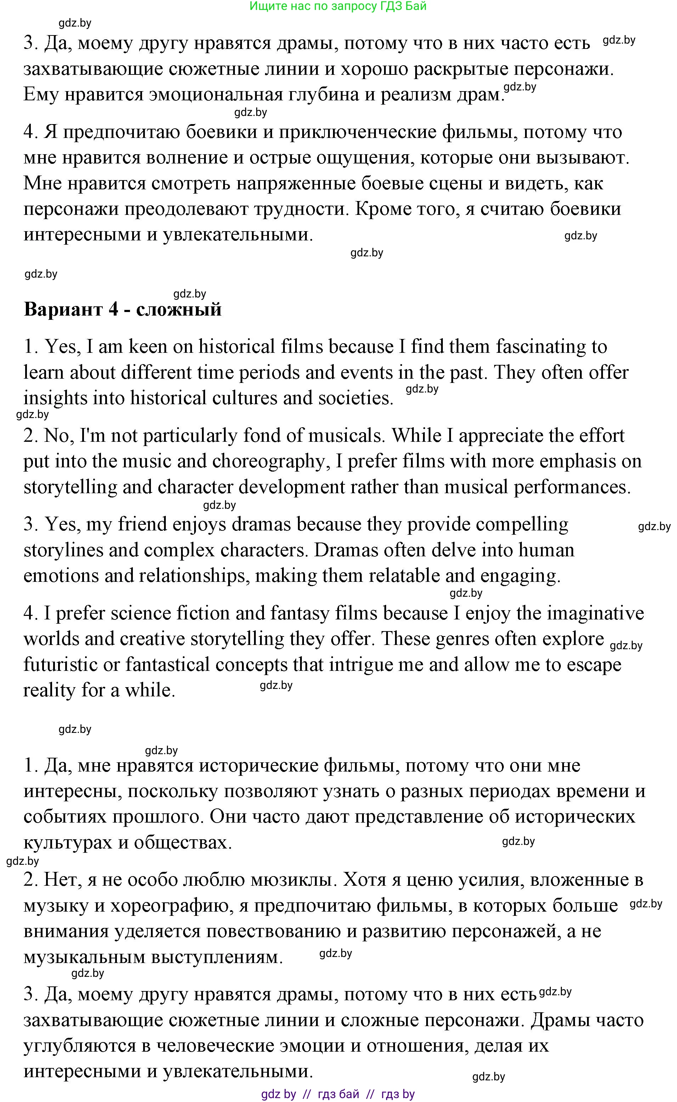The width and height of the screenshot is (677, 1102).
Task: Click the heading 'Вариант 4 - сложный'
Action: [x=123, y=310]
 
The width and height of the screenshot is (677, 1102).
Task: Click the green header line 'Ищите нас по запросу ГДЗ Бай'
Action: [x=338, y=6]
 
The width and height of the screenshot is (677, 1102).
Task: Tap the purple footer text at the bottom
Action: [x=338, y=1094]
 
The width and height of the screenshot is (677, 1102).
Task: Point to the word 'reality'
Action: [x=49, y=690]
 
